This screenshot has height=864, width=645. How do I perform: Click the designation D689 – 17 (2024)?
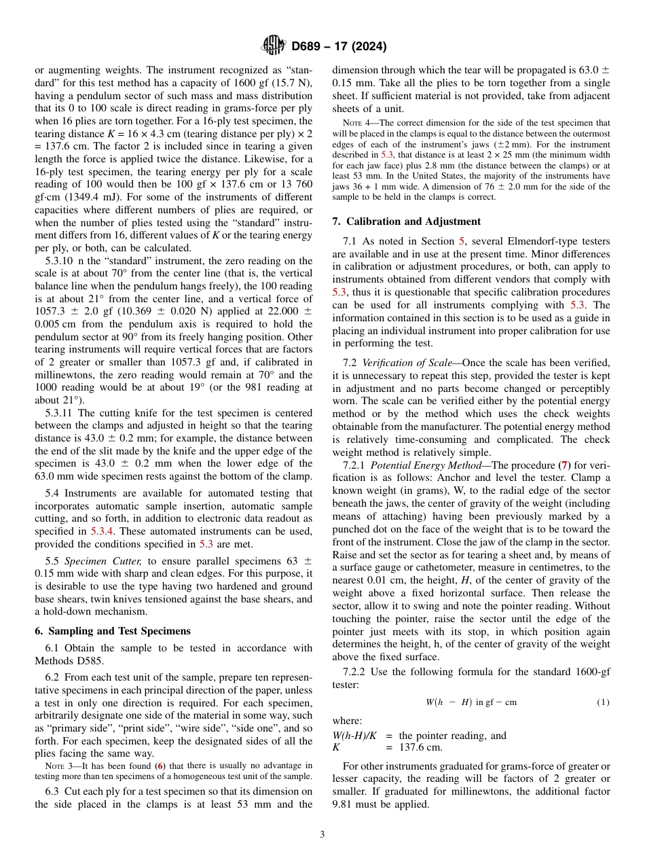[x=339, y=47]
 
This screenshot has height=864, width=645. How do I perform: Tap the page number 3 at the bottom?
[x=322, y=835]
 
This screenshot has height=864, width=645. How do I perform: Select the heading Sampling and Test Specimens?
[x=112, y=631]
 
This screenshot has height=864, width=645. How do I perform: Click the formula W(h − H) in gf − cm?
[x=471, y=702]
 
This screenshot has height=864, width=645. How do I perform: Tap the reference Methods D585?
[x=66, y=661]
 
